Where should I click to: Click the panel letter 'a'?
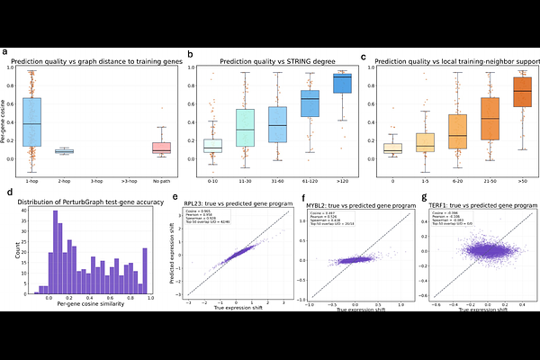click(7, 52)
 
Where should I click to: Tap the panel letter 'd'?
click(7, 192)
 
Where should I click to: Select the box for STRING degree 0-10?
click(212, 145)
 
